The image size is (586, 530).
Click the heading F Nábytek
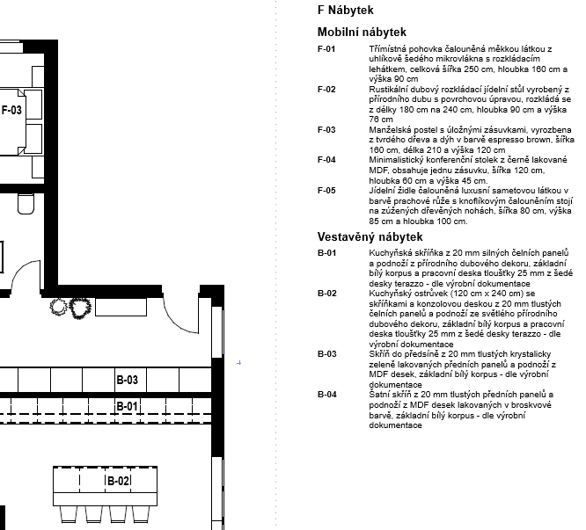point(346,11)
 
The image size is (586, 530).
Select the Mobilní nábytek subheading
point(362,32)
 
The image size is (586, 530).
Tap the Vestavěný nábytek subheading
point(370,236)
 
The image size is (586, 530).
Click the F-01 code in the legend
point(326,48)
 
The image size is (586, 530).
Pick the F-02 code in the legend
point(326,89)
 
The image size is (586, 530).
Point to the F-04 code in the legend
point(326,159)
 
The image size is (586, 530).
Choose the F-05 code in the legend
point(326,190)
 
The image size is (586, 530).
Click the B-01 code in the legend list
point(326,253)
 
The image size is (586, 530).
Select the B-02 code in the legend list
point(326,293)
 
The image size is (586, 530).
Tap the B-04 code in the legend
point(326,395)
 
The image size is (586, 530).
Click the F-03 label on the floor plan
point(12,110)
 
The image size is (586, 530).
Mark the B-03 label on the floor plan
point(128,381)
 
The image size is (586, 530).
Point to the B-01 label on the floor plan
point(128,406)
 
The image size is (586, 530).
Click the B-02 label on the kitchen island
point(119,482)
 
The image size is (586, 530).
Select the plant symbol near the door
point(61,307)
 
